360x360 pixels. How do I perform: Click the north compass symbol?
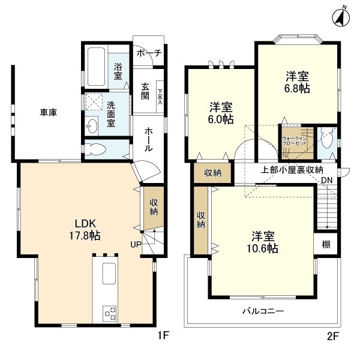pos(341,17)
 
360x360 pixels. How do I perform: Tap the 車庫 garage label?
pos(48,113)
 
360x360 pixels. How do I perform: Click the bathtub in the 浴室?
pos(96,67)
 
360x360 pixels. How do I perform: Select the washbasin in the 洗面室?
pos(92,126)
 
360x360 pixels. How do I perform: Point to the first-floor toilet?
pos(95,149)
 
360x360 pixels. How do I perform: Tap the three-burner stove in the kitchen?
pos(110,314)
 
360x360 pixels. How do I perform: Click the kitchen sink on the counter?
pos(109,274)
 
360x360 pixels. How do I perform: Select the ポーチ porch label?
pos(149,53)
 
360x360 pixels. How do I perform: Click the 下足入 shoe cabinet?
pos(160,97)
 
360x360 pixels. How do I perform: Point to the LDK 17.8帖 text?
pos(85,229)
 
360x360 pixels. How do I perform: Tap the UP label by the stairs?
pos(136,245)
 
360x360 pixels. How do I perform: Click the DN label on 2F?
pos(327,180)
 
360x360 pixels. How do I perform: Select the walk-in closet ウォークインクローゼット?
pos(298,142)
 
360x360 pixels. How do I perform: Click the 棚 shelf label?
pos(326,245)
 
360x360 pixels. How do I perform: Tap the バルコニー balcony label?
pos(263,311)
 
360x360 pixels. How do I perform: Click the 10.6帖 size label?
pos(262,248)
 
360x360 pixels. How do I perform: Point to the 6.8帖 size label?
pos(297,88)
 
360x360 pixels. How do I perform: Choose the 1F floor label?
pos(163,335)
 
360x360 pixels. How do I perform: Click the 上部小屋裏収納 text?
pos(292,170)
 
